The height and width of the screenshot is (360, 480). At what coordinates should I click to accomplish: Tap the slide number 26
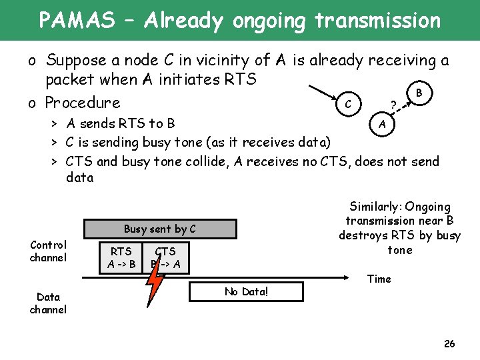pos(449,344)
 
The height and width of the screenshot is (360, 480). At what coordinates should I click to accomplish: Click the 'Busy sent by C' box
pos(160,229)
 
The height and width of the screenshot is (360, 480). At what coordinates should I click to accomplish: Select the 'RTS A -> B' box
pos(121,257)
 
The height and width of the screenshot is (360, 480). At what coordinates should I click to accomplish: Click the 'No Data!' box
pos(246,291)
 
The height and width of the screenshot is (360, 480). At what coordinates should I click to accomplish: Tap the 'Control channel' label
pos(48,251)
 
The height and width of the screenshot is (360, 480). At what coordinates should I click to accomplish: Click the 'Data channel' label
pos(48,303)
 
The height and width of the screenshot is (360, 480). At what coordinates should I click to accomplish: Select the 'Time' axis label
pos(379,279)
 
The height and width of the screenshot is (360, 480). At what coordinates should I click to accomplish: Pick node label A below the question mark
pos(381,124)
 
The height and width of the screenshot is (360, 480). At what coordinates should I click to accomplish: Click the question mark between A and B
pos(394,105)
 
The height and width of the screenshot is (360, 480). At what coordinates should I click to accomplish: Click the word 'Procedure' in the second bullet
pos(83,103)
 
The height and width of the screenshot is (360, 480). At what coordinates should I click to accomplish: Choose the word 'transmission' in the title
pos(377,21)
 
